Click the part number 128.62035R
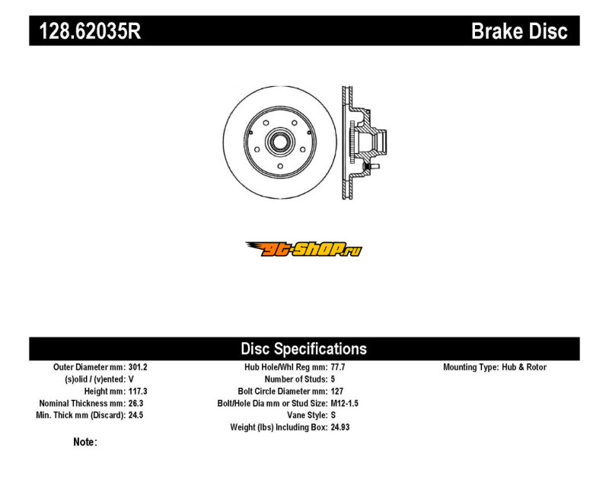(x=90, y=31)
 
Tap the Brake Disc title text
(x=519, y=31)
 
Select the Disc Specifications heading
(x=304, y=349)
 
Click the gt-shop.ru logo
(x=304, y=249)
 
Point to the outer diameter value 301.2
(x=138, y=367)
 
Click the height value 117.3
(x=138, y=392)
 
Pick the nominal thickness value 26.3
(x=136, y=404)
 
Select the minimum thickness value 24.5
(x=136, y=415)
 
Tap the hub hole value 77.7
(x=338, y=367)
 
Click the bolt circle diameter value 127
(x=336, y=392)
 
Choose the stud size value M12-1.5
(x=344, y=404)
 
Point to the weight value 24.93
(x=340, y=427)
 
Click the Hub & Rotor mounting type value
(x=524, y=367)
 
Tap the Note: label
(x=85, y=443)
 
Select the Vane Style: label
(x=308, y=415)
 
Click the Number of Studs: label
(x=296, y=379)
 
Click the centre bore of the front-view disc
(x=279, y=142)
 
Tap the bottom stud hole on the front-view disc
(x=280, y=166)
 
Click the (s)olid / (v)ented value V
(x=131, y=379)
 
